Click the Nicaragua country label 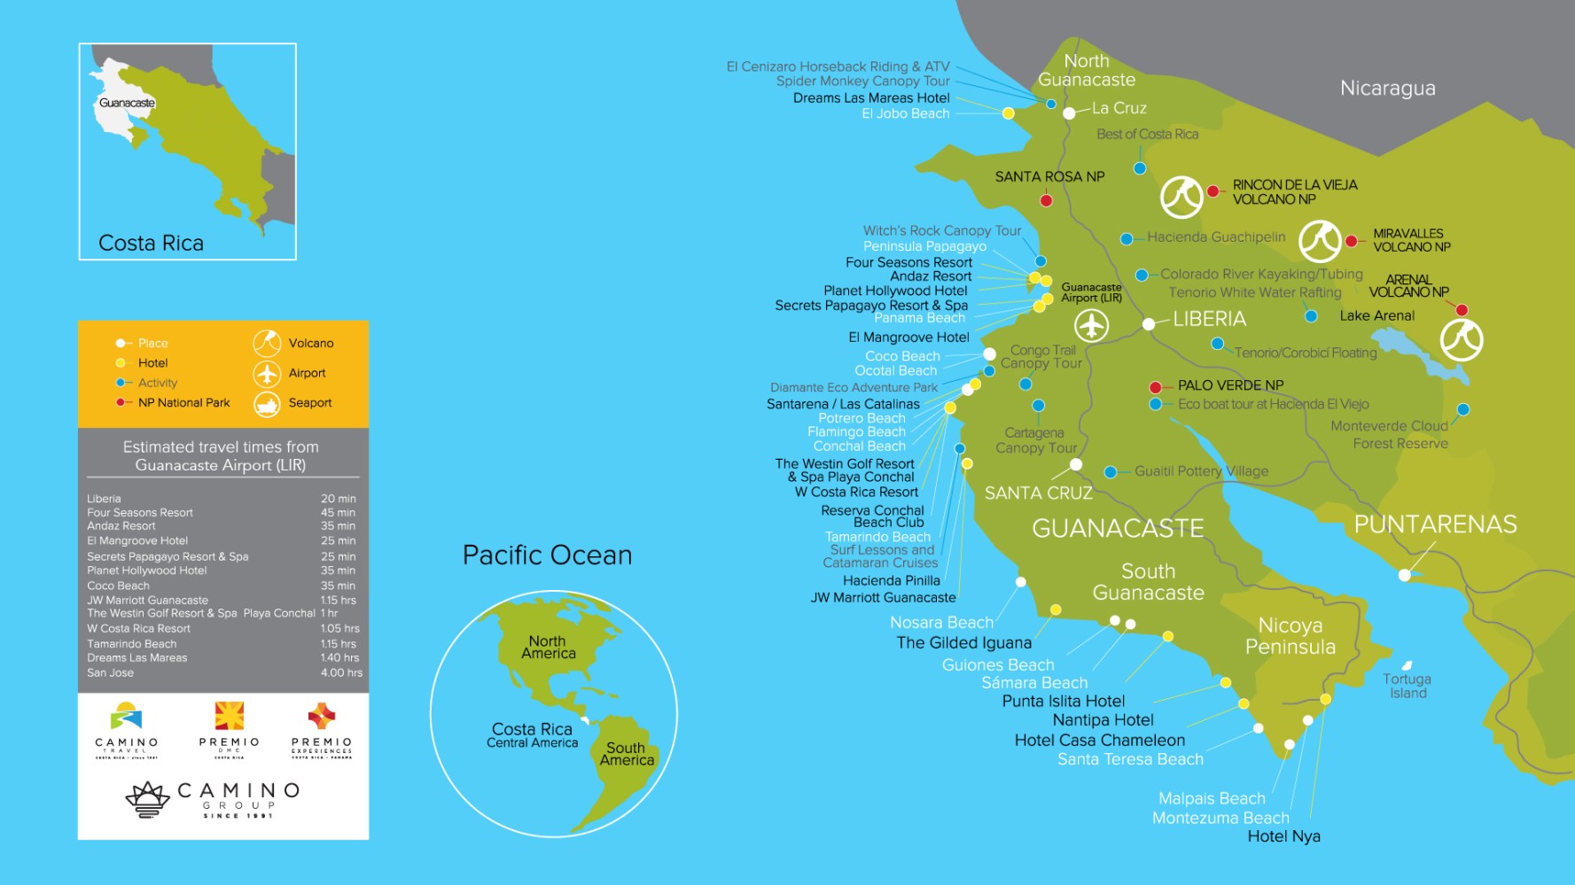click(x=1387, y=89)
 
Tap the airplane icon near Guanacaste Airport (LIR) click(x=1092, y=326)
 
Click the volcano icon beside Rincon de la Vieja click(x=1181, y=197)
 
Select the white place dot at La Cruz click(x=1069, y=113)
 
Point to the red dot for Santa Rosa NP click(x=1046, y=201)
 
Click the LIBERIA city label click(x=1209, y=319)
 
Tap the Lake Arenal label click(x=1376, y=316)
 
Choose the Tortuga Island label click(x=1407, y=686)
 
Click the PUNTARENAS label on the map click(x=1435, y=524)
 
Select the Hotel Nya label click(x=1283, y=836)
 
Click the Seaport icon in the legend click(x=267, y=404)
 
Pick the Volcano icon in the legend click(x=267, y=344)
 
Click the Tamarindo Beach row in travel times click(x=132, y=644)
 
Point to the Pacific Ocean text click(x=547, y=555)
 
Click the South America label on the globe click(x=627, y=754)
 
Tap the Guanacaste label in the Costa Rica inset click(x=127, y=103)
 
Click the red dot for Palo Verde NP click(x=1155, y=387)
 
